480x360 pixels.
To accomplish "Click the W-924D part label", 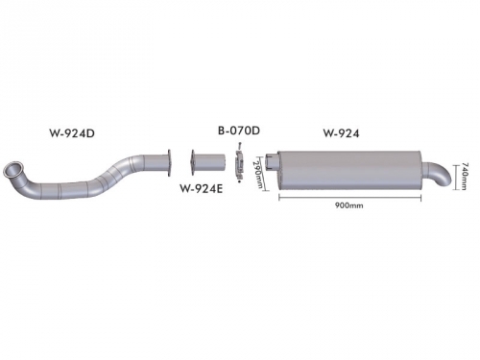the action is pos(72,132).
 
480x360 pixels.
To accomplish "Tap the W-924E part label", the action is pos(201,188).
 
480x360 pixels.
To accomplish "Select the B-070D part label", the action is pos(239,131).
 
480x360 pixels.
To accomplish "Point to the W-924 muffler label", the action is pos(341,132).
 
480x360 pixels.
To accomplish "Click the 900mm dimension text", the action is pos(349,205).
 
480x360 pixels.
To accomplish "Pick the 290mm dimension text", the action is pos(258,175).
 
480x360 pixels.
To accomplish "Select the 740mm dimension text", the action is pos(465,177).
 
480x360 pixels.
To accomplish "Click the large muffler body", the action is pos(349,171).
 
